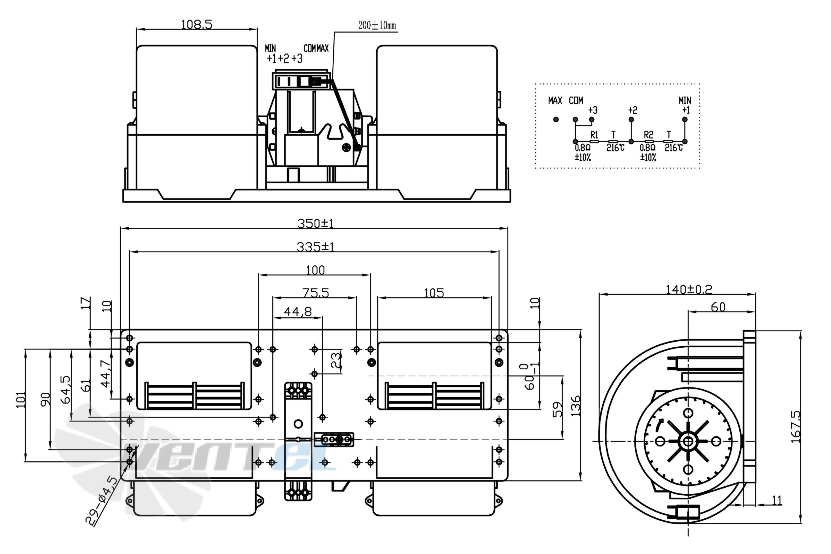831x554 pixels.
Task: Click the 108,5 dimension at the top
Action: point(196,24)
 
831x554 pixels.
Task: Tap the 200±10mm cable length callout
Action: point(377,25)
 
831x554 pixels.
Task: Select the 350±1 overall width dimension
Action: point(315,223)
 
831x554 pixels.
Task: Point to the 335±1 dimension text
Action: point(315,247)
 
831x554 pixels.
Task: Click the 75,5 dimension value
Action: point(315,293)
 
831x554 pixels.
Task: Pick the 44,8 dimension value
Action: point(298,312)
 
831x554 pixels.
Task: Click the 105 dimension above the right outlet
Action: point(433,293)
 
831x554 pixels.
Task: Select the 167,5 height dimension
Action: point(796,426)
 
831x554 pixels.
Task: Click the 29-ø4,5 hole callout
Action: point(102,501)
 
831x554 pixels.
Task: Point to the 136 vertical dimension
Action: point(576,406)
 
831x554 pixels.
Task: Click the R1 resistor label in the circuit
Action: point(594,135)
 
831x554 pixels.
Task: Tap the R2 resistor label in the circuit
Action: point(648,135)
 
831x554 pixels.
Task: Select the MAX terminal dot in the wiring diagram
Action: point(556,120)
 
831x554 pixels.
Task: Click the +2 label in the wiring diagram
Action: point(632,110)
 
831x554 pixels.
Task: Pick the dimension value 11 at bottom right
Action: point(777,500)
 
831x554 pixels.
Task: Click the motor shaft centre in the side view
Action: point(688,441)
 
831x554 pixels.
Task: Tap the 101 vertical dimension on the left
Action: point(21,399)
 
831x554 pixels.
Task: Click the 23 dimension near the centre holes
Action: point(336,360)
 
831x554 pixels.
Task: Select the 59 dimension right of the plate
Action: point(558,409)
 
